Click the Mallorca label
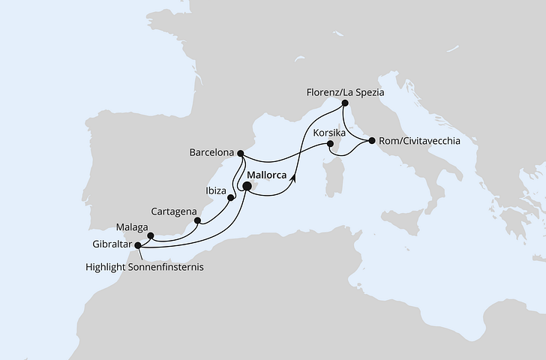point(267,175)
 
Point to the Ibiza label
point(216,191)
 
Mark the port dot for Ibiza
point(232,199)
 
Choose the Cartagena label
point(174,211)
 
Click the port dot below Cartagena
point(198,220)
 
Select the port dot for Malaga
point(151,235)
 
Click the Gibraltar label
point(109,244)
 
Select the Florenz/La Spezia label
point(345,91)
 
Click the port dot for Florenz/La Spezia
point(344,103)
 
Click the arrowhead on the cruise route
point(293,178)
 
